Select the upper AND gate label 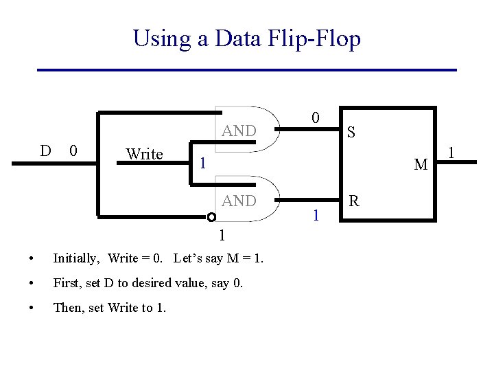point(239,131)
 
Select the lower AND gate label point(239,201)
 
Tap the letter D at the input point(45,150)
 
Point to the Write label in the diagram point(144,154)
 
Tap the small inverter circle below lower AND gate point(212,218)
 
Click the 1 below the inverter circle point(221,236)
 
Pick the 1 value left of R point(315,216)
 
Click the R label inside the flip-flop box point(354,201)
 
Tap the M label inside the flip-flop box point(421,165)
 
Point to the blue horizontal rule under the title point(246,70)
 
